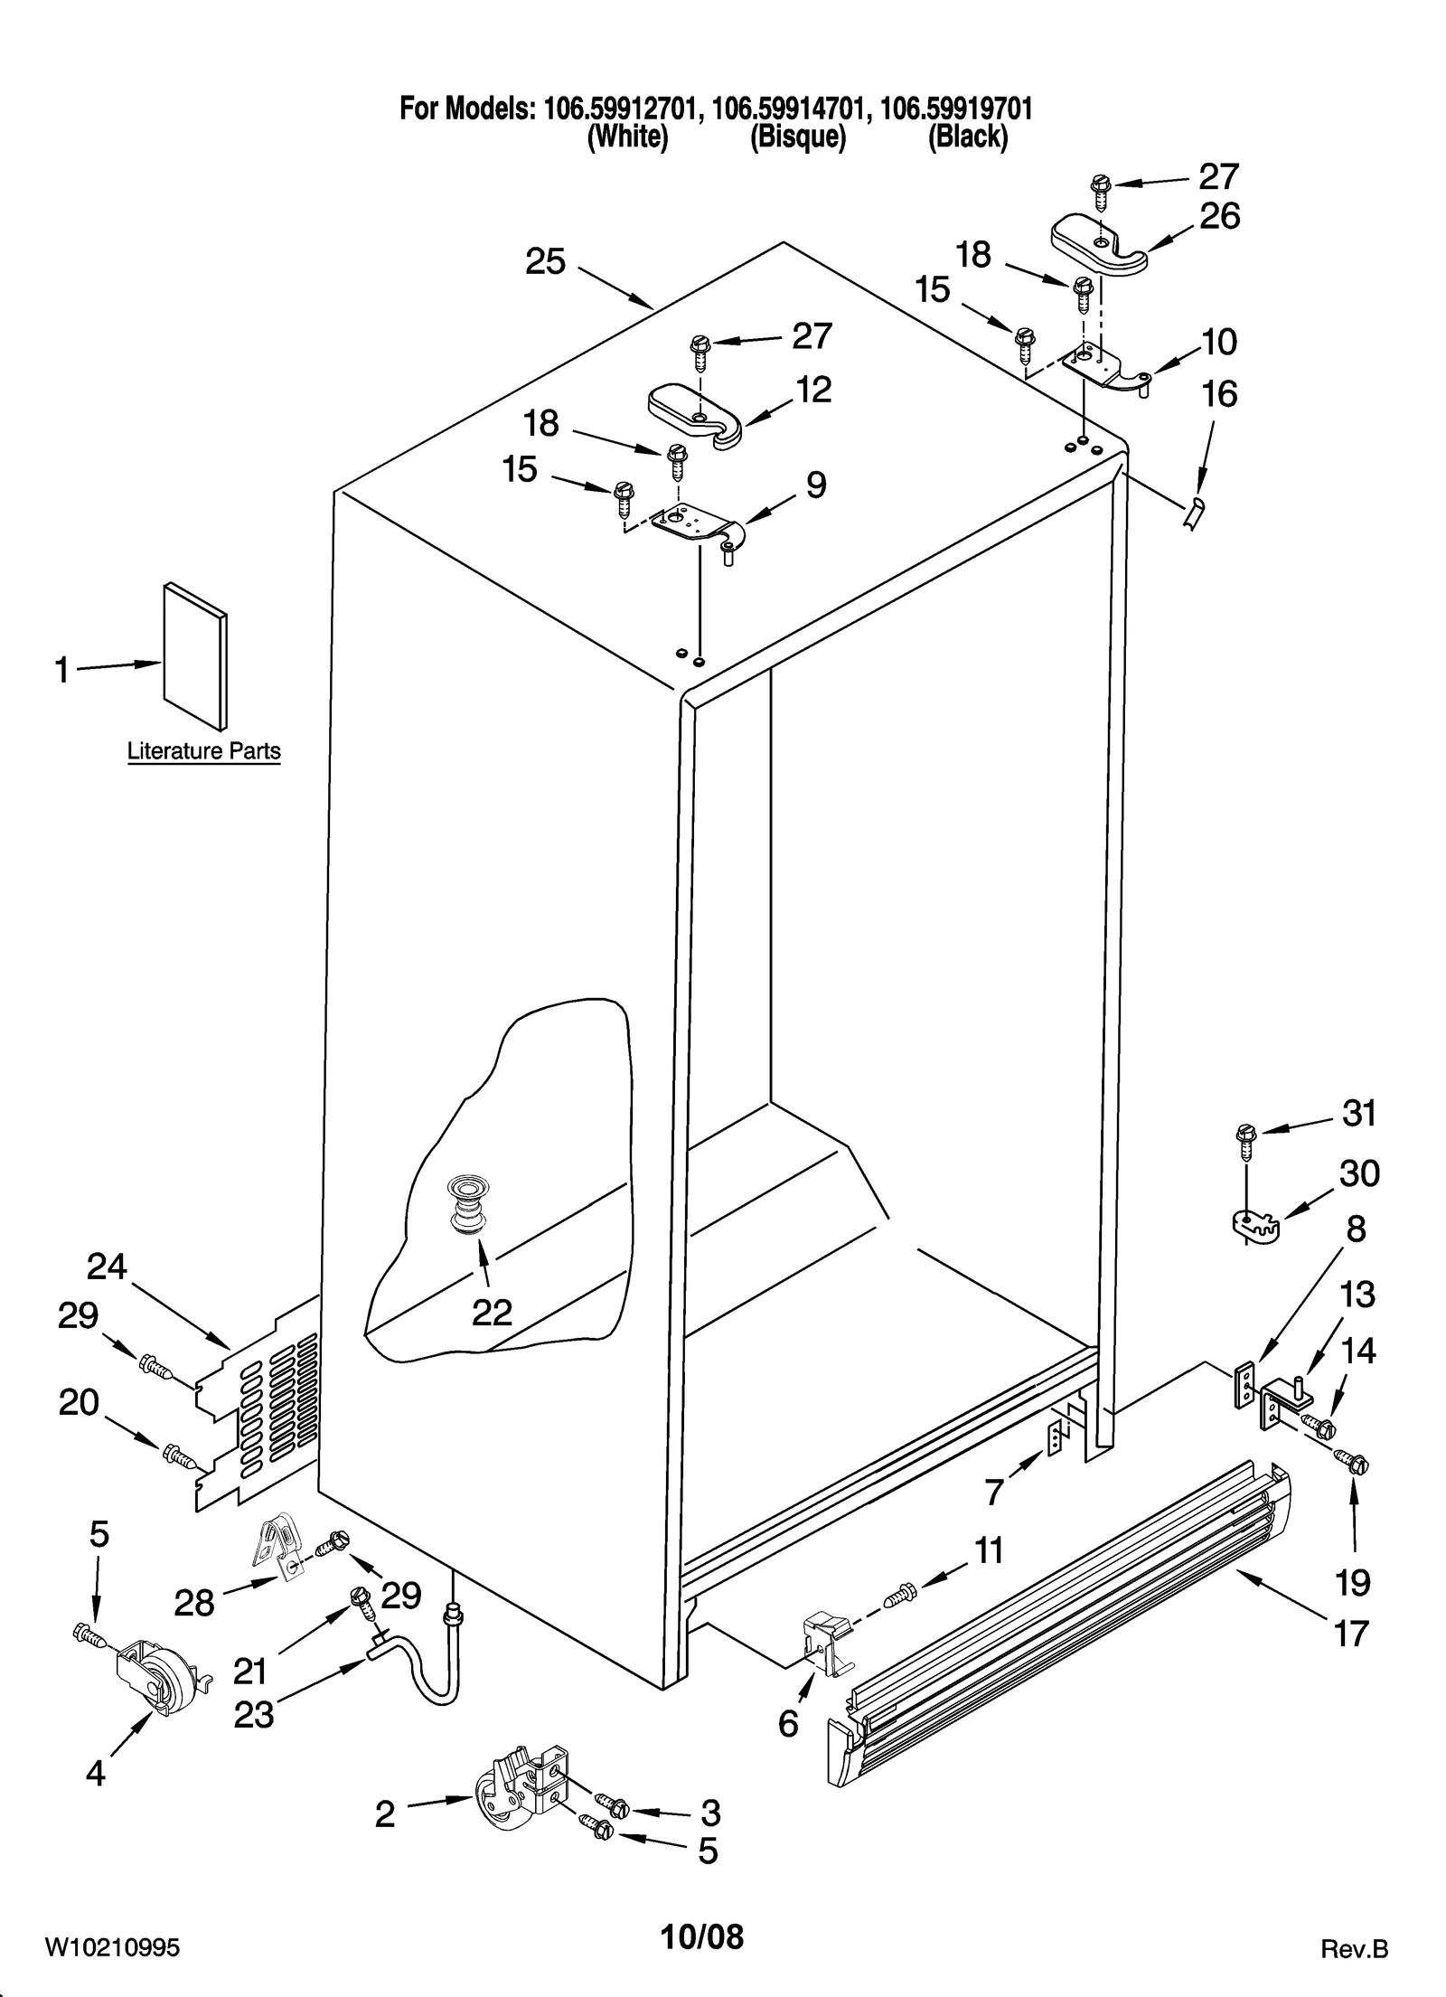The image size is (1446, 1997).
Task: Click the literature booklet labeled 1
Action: coord(194,655)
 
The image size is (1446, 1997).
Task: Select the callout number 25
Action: coord(546,263)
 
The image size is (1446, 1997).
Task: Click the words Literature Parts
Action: coord(203,751)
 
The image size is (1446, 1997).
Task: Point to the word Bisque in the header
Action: coord(797,137)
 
